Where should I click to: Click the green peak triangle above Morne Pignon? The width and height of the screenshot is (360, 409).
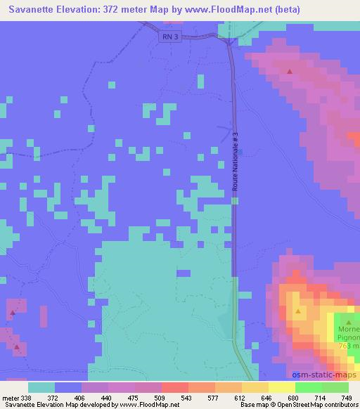348,323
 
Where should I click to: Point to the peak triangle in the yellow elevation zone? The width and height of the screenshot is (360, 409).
298,311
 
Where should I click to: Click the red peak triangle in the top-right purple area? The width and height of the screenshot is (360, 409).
290,71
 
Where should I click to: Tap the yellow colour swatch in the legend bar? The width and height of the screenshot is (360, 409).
255,387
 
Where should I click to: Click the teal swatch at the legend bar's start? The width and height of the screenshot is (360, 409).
41,387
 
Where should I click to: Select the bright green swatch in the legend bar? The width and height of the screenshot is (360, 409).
308,387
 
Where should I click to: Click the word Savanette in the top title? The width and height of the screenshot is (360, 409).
27,10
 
